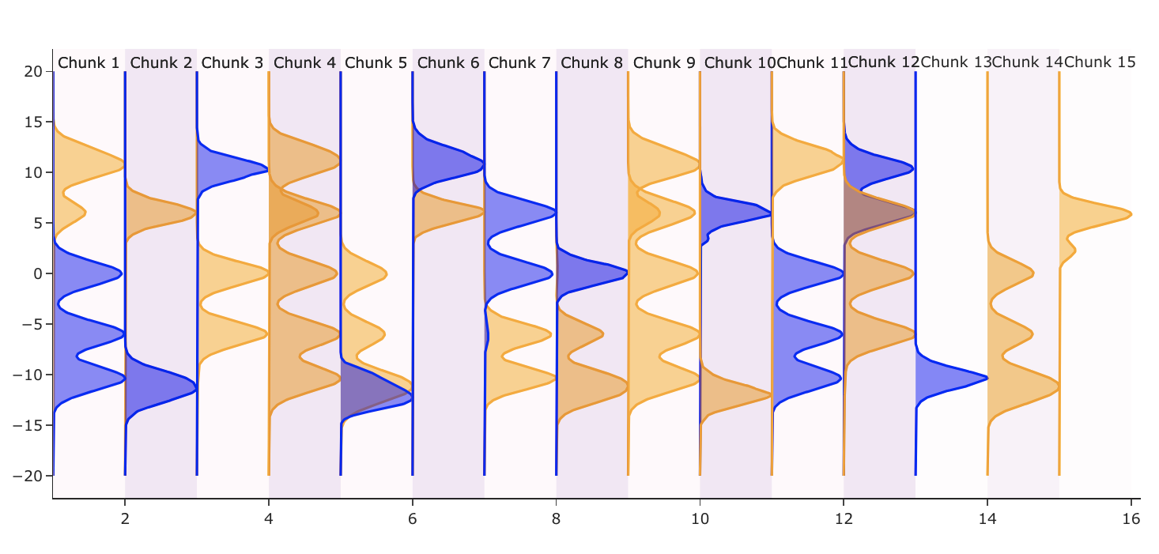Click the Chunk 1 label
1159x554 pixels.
[89, 62]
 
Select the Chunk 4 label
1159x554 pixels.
[304, 62]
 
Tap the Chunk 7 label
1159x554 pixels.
[519, 62]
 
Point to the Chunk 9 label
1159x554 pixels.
[664, 62]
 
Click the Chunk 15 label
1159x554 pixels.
[1100, 62]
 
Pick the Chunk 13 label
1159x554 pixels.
[956, 62]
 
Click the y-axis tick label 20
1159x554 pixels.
[32, 72]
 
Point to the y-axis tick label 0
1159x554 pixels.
[36, 273]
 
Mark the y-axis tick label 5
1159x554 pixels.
[36, 223]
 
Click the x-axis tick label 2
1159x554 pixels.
[125, 519]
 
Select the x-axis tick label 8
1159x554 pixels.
[557, 519]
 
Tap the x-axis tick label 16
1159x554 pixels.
[1131, 519]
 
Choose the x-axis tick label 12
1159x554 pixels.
[844, 519]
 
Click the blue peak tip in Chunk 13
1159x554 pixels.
[987, 377]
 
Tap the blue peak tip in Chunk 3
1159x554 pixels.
[268, 170]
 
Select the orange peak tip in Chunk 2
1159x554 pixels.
[195, 213]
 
